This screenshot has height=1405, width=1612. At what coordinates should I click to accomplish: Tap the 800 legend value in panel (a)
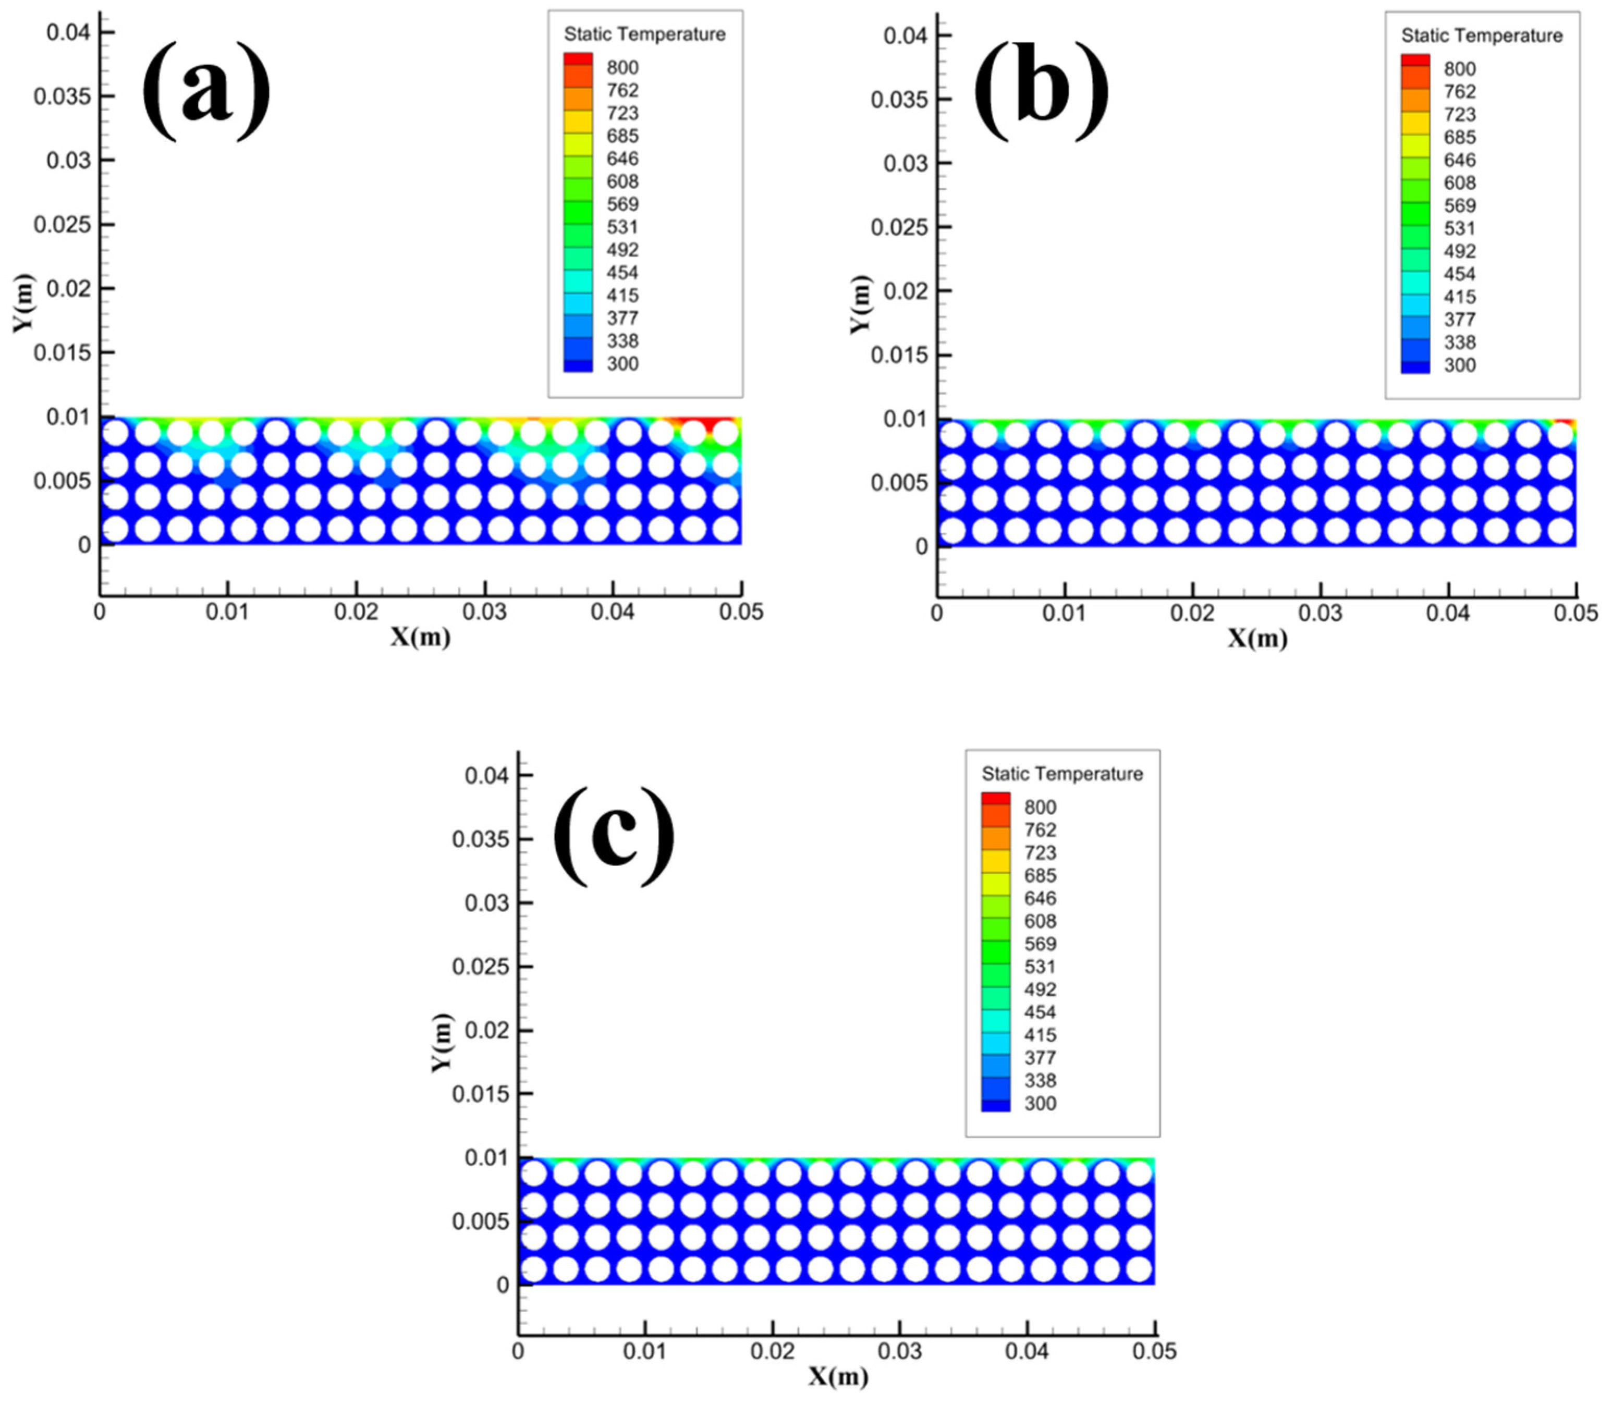point(622,67)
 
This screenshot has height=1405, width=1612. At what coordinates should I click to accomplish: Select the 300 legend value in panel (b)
point(1459,365)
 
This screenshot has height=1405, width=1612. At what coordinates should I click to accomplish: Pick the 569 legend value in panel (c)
point(1040,944)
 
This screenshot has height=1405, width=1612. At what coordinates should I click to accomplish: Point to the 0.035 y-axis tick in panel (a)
point(63,96)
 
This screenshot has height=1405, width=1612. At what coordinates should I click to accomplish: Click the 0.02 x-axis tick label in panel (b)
point(1192,613)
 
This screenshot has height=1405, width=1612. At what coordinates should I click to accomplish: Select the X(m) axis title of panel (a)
point(421,638)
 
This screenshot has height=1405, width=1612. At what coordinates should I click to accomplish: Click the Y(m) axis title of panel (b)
point(860,304)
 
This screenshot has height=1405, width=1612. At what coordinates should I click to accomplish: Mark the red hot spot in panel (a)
point(715,424)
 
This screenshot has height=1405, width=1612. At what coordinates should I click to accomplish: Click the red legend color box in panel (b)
point(1415,59)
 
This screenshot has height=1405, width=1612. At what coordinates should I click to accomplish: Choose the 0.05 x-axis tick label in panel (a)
point(741,612)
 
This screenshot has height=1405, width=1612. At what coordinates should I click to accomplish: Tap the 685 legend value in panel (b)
point(1459,137)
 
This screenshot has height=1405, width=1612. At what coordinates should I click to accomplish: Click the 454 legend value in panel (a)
point(622,273)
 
